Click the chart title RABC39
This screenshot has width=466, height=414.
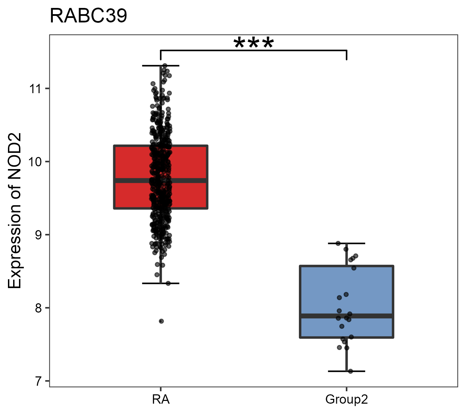[88, 16]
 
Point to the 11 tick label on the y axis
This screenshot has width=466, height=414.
[35, 89]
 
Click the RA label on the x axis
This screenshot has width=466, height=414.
[161, 400]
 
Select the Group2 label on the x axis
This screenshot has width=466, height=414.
[346, 400]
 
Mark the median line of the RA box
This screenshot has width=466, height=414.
[193, 180]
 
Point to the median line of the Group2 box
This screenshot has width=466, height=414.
[373, 316]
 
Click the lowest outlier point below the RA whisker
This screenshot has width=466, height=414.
[161, 321]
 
